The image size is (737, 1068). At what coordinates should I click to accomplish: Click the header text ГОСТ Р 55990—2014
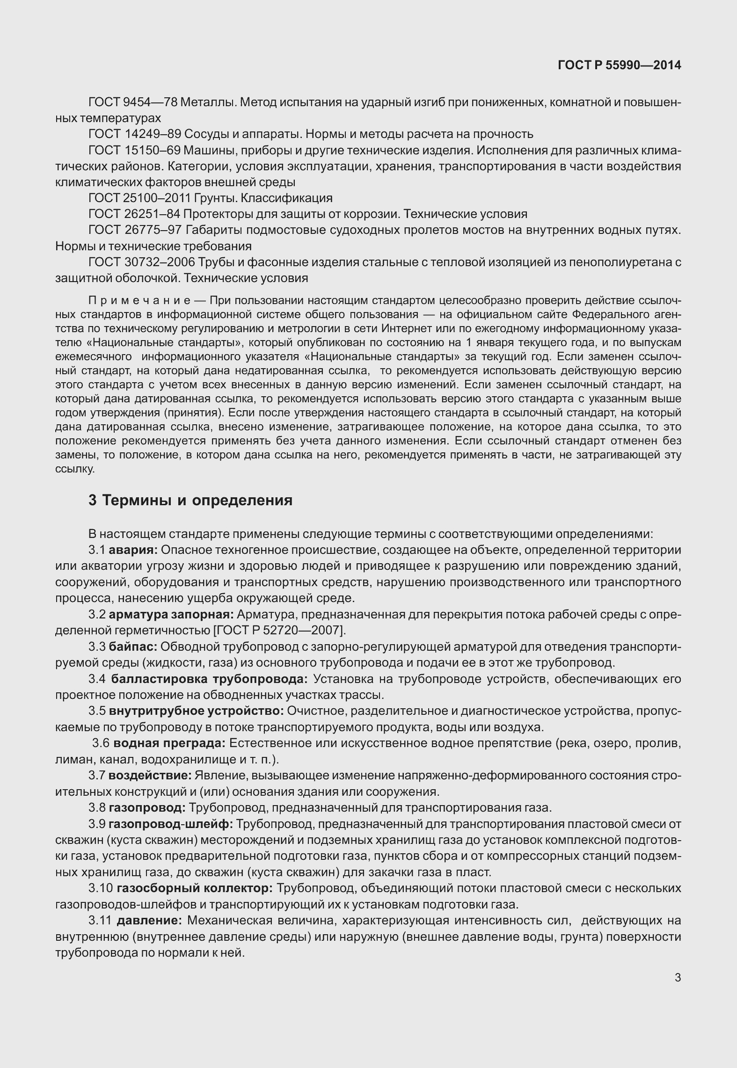pos(619,65)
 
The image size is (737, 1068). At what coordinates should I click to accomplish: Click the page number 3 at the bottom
pos(678,977)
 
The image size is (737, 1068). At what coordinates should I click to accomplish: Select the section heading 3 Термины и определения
pos(190,500)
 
